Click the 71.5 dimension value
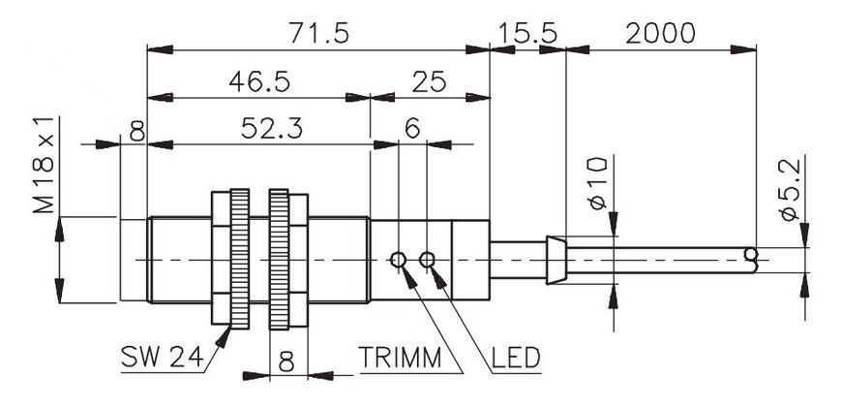tap(319, 33)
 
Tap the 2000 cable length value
tap(660, 33)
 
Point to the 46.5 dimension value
tap(259, 81)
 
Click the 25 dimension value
tap(429, 81)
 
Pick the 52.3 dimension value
tap(272, 129)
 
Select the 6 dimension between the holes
tap(412, 129)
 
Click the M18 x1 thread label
tap(44, 165)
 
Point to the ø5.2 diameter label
tap(790, 189)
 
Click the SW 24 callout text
tap(163, 356)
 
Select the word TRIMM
tap(400, 357)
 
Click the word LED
tap(516, 357)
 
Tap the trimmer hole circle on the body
tap(398, 260)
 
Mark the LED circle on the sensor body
tap(427, 260)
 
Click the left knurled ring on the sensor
tap(239, 259)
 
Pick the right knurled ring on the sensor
tap(280, 259)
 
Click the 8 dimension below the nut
tap(287, 362)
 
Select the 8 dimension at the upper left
tap(136, 130)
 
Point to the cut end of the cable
tap(752, 260)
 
